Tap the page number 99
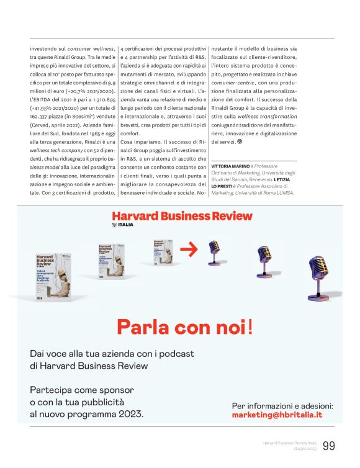point(328,446)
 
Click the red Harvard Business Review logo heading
point(182,216)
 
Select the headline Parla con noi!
point(185,326)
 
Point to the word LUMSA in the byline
point(284,193)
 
